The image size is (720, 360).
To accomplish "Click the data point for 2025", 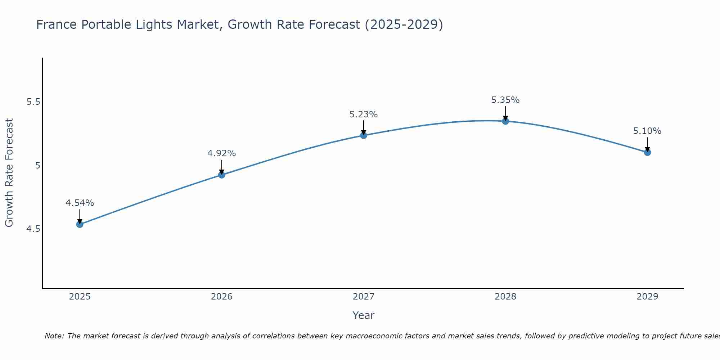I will [80, 224].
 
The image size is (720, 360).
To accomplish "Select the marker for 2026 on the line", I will [222, 175].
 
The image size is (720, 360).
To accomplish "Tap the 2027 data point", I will [364, 135].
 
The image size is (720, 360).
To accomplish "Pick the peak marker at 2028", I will [505, 121].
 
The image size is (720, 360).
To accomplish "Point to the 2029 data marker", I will [647, 152].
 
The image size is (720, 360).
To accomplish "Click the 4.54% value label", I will [80, 203].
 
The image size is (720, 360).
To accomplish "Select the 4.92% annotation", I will [222, 153].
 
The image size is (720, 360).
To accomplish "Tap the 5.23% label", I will [364, 114].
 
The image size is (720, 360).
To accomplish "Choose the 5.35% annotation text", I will [505, 100].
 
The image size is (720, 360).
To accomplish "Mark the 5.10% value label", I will [647, 131].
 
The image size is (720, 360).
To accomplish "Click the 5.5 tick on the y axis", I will [33, 102].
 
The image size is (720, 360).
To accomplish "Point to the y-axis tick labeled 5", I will [37, 166].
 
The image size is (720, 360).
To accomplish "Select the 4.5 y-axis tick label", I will [33, 229].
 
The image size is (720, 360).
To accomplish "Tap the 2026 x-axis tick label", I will [222, 297].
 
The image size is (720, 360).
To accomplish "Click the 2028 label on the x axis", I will [505, 297].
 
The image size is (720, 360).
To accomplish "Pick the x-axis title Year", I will [364, 315].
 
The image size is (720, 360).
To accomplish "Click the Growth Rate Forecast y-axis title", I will [9, 173].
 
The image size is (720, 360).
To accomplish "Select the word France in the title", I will [57, 25].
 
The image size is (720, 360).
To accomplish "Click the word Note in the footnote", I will [54, 336].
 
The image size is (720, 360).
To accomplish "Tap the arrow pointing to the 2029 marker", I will [647, 144].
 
